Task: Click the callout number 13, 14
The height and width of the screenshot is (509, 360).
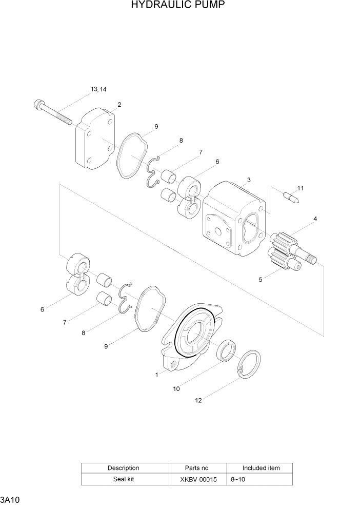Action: tap(98, 89)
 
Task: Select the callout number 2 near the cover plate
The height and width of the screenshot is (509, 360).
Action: tap(119, 105)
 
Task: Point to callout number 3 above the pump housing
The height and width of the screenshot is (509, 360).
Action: tap(249, 180)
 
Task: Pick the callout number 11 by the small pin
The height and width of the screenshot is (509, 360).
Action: tap(300, 188)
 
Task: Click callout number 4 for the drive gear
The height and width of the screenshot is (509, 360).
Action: tap(315, 219)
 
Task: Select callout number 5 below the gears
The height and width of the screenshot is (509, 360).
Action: tap(261, 280)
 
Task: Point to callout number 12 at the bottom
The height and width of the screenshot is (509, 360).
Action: tap(198, 400)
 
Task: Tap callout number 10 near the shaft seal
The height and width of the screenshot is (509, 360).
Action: tap(176, 389)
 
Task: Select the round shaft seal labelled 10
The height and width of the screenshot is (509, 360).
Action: tap(226, 351)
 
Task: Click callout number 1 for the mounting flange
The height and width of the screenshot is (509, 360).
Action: tap(156, 375)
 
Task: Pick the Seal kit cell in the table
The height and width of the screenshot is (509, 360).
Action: tap(123, 479)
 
